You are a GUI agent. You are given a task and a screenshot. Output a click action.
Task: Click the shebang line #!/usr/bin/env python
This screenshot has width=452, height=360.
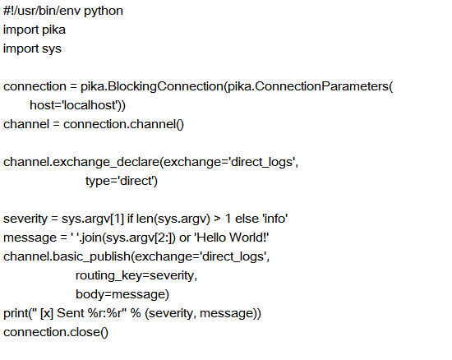(63, 11)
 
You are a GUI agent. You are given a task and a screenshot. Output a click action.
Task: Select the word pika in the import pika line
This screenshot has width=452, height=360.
(53, 30)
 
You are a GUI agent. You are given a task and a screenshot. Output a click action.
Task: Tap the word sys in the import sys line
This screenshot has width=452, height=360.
(52, 49)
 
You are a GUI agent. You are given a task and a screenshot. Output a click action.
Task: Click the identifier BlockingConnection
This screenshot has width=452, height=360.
(165, 86)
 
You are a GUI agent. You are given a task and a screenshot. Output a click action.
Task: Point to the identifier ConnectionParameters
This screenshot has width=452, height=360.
(322, 86)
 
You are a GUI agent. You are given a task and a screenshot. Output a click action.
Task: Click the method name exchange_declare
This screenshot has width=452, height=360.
(106, 162)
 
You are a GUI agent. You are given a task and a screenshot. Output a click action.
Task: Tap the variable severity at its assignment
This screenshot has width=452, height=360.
(25, 219)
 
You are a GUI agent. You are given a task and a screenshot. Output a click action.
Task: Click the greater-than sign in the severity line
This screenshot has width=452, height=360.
(217, 219)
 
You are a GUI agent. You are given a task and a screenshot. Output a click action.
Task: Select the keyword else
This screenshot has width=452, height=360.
(247, 219)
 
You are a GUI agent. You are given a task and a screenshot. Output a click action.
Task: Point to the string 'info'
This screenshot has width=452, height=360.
(275, 219)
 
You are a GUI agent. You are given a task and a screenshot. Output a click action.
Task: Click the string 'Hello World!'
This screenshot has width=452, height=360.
(232, 238)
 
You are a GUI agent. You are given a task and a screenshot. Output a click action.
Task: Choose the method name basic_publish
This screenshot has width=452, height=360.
(92, 256)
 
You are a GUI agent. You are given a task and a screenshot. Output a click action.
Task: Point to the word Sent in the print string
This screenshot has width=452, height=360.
(71, 313)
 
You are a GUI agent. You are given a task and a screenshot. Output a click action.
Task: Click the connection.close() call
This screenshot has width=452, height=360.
(56, 332)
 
